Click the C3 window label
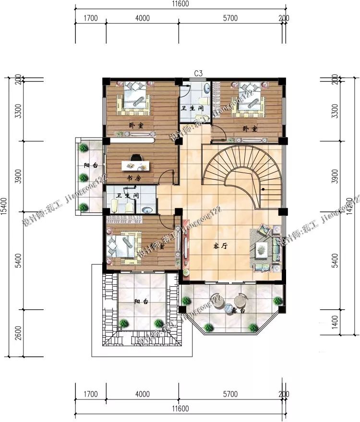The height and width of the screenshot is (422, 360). pyautogui.click(x=199, y=73)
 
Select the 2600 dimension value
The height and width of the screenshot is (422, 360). pyautogui.click(x=18, y=331)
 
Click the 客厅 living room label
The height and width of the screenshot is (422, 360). pyautogui.click(x=220, y=246)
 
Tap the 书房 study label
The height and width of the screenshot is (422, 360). pyautogui.click(x=133, y=178)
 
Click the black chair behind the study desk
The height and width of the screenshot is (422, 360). pyautogui.click(x=136, y=157)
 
